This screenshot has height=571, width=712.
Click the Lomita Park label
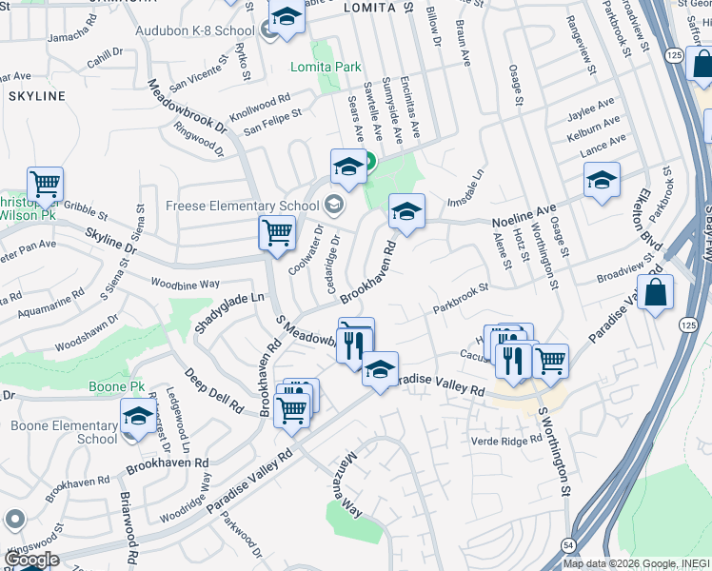point(326,67)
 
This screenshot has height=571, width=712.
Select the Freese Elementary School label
point(242,205)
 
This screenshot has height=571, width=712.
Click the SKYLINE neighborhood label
point(36,96)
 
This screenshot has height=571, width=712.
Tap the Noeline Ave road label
point(524,215)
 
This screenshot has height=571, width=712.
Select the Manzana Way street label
point(347,484)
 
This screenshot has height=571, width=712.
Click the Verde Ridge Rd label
point(505,442)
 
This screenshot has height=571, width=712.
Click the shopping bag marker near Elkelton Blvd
point(655,292)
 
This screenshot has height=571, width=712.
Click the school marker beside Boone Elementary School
point(138,415)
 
